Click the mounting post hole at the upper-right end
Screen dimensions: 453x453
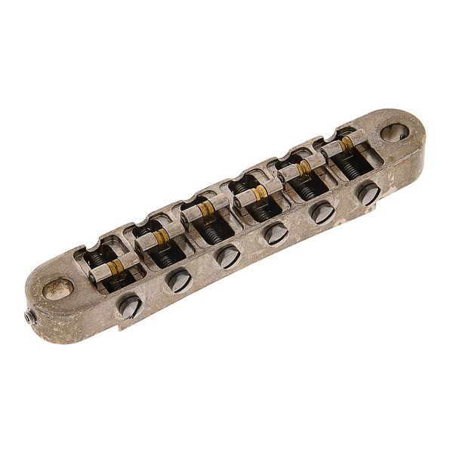click(394, 132)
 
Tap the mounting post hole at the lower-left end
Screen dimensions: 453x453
click(58, 288)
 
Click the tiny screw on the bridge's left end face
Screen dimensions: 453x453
click(29, 318)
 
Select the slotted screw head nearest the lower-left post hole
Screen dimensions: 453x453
click(130, 306)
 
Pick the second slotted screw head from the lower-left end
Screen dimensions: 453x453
click(179, 280)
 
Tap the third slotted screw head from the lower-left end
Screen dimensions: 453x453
click(227, 256)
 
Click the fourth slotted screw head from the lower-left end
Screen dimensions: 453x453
click(276, 233)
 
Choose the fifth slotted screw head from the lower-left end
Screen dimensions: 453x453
click(323, 212)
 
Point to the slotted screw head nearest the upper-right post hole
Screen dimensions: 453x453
click(368, 193)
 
